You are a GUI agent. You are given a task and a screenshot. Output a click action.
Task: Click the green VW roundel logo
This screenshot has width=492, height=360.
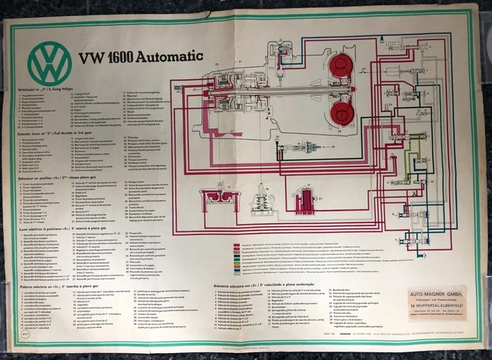click(50, 61)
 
